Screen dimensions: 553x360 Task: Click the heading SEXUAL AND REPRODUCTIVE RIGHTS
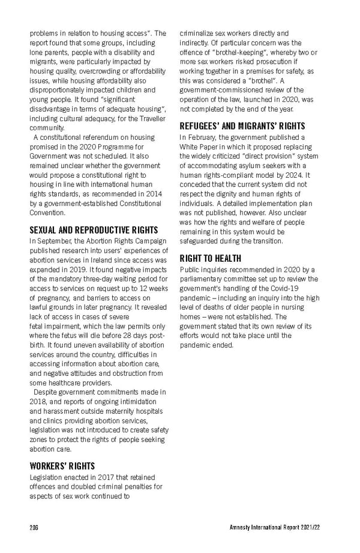click(94, 230)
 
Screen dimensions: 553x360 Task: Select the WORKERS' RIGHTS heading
click(62, 465)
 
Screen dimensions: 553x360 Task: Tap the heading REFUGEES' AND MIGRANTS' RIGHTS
click(242, 126)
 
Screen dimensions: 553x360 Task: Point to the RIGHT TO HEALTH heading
click(211, 258)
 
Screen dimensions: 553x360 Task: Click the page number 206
click(34, 527)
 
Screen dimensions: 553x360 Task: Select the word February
click(206, 137)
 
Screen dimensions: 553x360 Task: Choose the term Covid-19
click(307, 288)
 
